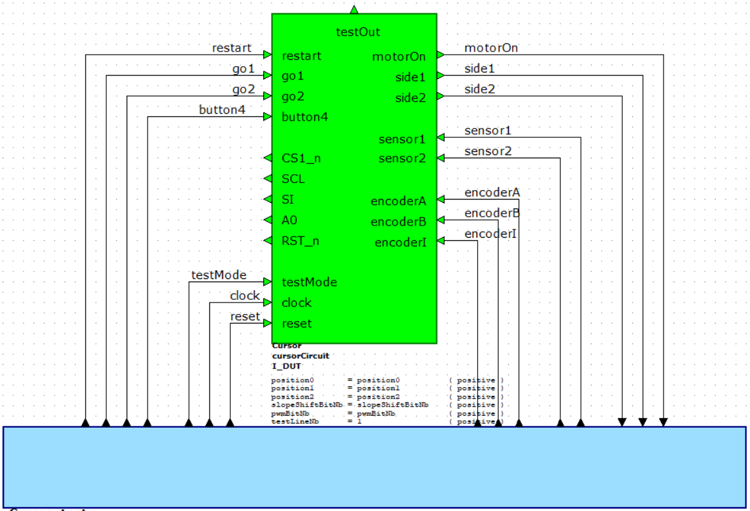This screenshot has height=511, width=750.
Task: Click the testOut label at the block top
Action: tap(358, 31)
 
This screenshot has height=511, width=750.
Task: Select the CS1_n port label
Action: tap(301, 158)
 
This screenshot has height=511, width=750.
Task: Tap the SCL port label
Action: tap(293, 179)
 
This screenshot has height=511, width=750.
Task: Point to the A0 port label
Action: tap(289, 220)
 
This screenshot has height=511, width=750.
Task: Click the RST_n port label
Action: tap(300, 241)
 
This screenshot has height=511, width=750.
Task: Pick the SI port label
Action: tap(288, 200)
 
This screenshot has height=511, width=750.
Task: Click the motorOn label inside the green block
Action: tap(399, 57)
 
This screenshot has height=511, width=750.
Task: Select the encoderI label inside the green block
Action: tap(400, 242)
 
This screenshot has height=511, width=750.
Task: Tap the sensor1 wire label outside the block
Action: tap(488, 130)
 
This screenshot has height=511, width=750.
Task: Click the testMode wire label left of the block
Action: tap(219, 275)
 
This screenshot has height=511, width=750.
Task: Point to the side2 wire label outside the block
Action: tap(480, 90)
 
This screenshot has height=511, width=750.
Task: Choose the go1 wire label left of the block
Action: tap(243, 69)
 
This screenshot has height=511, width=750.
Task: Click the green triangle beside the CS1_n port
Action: tap(268, 158)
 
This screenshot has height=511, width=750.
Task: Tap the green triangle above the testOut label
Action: tap(354, 9)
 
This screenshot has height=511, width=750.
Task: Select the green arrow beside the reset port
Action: tap(267, 324)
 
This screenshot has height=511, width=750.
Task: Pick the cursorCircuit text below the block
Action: tap(300, 356)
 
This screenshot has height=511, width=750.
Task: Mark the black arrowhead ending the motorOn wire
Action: tap(663, 422)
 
